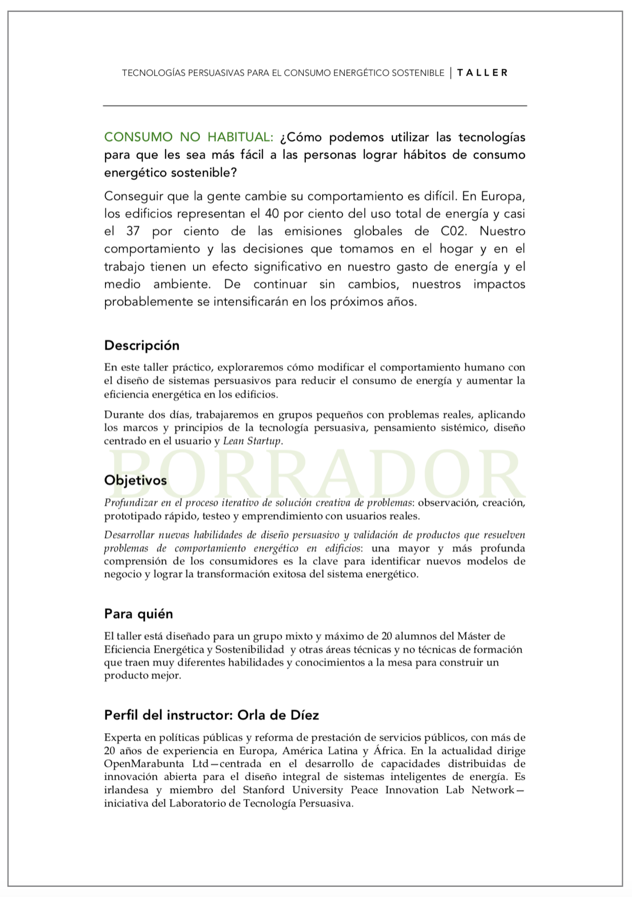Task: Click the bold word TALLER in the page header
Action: [482, 73]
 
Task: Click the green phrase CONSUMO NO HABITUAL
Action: [188, 137]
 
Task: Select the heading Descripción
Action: [142, 346]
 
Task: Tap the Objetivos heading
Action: [136, 480]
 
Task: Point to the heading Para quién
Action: [139, 614]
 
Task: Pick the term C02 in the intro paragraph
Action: [454, 231]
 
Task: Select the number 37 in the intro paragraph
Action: [133, 231]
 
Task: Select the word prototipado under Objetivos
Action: [129, 516]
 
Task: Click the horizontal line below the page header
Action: [315, 106]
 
